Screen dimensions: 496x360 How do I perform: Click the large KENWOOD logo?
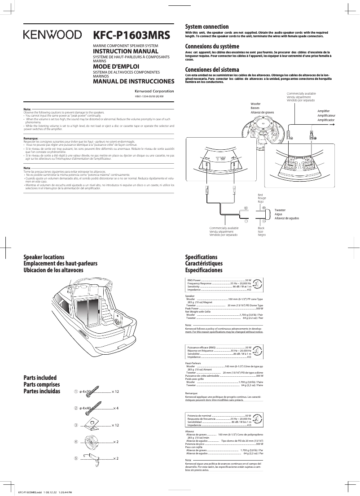[x=53, y=35]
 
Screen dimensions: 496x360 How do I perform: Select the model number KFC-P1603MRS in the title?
[x=132, y=35]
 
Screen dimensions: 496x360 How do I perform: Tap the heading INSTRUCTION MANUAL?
[x=123, y=52]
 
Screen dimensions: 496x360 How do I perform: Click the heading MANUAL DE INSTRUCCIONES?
[x=133, y=82]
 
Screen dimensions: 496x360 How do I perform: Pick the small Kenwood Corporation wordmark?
[x=154, y=91]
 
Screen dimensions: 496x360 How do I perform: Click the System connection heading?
[x=207, y=27]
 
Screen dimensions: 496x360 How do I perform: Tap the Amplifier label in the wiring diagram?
[x=323, y=111]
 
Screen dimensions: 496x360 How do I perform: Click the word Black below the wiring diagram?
[x=261, y=228]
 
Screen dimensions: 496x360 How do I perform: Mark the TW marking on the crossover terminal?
[x=220, y=159]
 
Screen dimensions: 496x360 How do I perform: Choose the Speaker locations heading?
[x=44, y=257]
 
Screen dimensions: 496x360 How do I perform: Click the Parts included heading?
[x=40, y=378]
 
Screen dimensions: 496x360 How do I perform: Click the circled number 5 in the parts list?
[x=76, y=458]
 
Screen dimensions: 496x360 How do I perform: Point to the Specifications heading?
[x=201, y=257]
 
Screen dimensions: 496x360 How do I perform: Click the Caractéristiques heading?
[x=204, y=264]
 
